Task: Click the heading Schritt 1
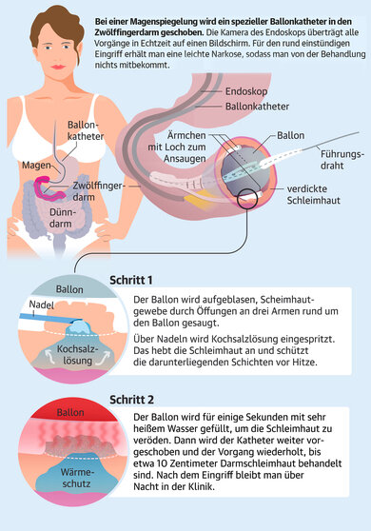tap(155, 280)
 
